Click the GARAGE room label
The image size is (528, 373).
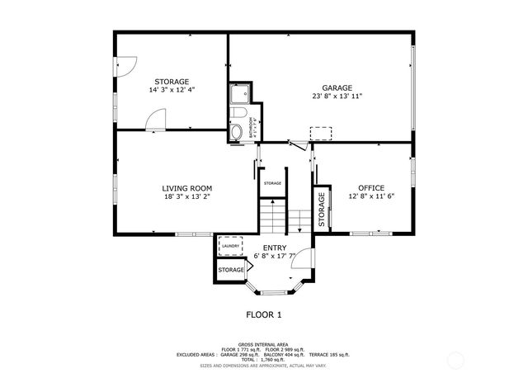[337, 87]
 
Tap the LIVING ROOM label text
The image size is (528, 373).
[187, 188]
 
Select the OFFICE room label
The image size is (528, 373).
[371, 187]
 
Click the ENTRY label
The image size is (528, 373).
[275, 248]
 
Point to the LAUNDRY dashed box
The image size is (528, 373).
[230, 246]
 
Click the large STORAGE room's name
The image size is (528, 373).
[172, 82]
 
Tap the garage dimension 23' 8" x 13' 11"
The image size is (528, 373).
[337, 97]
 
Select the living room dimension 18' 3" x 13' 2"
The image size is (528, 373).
[187, 197]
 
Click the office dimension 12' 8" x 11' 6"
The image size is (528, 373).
[371, 196]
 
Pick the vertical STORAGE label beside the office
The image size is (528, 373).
[321, 210]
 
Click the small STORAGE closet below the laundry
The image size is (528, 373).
[231, 270]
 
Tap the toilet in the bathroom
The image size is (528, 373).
[238, 132]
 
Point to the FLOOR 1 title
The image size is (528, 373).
[264, 314]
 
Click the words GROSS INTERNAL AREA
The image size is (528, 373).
[264, 344]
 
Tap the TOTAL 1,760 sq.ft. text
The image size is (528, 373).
[264, 359]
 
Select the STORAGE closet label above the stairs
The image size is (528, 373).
[272, 183]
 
